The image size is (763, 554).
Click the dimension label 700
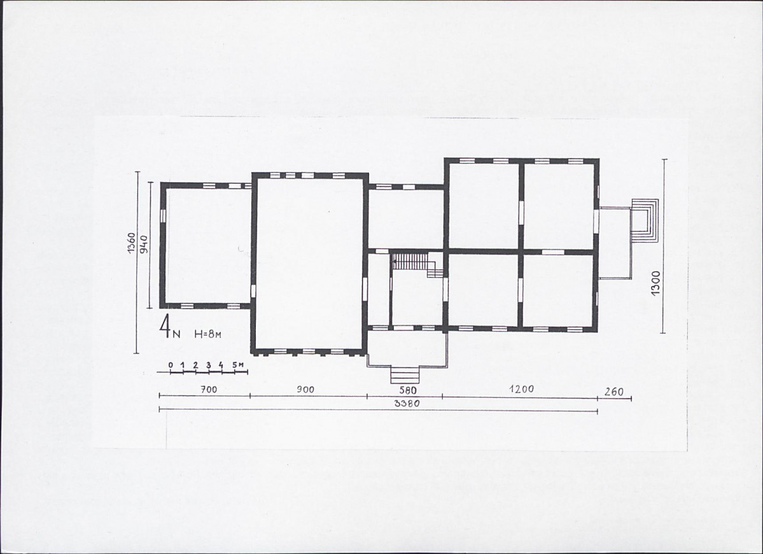pyautogui.click(x=208, y=390)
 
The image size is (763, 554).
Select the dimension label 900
pyautogui.click(x=305, y=390)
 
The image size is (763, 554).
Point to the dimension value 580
pyautogui.click(x=407, y=390)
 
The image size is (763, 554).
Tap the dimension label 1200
pyautogui.click(x=521, y=389)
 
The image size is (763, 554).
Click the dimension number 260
pyautogui.click(x=613, y=392)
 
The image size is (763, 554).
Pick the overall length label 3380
pyautogui.click(x=407, y=403)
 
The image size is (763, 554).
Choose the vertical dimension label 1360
pyautogui.click(x=130, y=242)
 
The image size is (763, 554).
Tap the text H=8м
pyautogui.click(x=208, y=334)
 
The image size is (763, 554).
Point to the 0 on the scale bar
pyautogui.click(x=171, y=365)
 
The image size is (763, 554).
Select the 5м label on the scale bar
pyautogui.click(x=237, y=365)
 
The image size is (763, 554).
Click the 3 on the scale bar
pyautogui.click(x=208, y=365)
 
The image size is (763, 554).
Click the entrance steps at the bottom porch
pyautogui.click(x=405, y=375)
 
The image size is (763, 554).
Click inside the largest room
pyautogui.click(x=309, y=264)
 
